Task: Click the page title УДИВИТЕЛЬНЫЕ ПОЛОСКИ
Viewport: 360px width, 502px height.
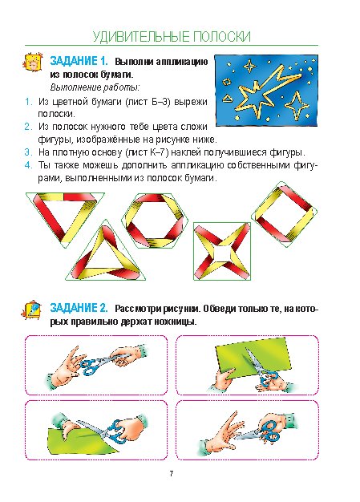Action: point(172,37)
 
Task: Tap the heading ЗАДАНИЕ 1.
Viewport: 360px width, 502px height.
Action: point(79,61)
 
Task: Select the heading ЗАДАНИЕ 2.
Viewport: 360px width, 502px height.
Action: point(79,308)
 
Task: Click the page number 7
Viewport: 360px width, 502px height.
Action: point(172,473)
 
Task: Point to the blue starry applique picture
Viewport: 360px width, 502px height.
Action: point(266,91)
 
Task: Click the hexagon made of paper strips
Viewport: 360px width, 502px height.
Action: point(155,221)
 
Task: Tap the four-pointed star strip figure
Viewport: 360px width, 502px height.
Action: point(222,251)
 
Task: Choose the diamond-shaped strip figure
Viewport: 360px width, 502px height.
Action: point(285,214)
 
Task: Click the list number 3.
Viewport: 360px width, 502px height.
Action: point(28,152)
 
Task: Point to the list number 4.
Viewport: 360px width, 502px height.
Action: point(28,165)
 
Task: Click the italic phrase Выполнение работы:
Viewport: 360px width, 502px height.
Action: point(95,87)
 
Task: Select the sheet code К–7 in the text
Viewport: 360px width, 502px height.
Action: point(158,152)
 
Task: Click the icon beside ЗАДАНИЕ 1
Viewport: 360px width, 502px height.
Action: point(33,62)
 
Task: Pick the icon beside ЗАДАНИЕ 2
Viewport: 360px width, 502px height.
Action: point(32,310)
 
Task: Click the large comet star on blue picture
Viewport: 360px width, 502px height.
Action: point(261,91)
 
